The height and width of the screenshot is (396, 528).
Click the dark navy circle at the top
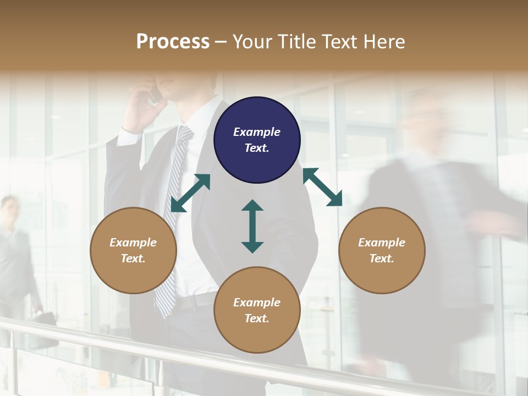(x=257, y=140)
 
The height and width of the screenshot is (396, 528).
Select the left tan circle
(x=133, y=251)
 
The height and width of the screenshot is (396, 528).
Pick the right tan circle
(x=382, y=251)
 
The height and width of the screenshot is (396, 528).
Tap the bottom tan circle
(x=257, y=310)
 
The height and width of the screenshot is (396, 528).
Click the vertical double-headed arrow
(x=252, y=227)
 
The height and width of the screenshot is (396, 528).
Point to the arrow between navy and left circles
(x=190, y=193)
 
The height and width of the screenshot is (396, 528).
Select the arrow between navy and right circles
(x=323, y=187)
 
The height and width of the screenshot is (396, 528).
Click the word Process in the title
(x=173, y=41)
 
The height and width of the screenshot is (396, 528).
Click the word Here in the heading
(x=384, y=41)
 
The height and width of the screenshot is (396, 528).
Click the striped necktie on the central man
(x=172, y=220)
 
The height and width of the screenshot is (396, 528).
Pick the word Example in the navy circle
(x=257, y=132)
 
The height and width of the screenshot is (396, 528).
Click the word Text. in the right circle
(x=382, y=258)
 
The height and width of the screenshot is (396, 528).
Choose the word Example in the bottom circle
(x=257, y=302)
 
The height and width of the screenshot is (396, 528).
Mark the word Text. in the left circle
(x=133, y=258)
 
